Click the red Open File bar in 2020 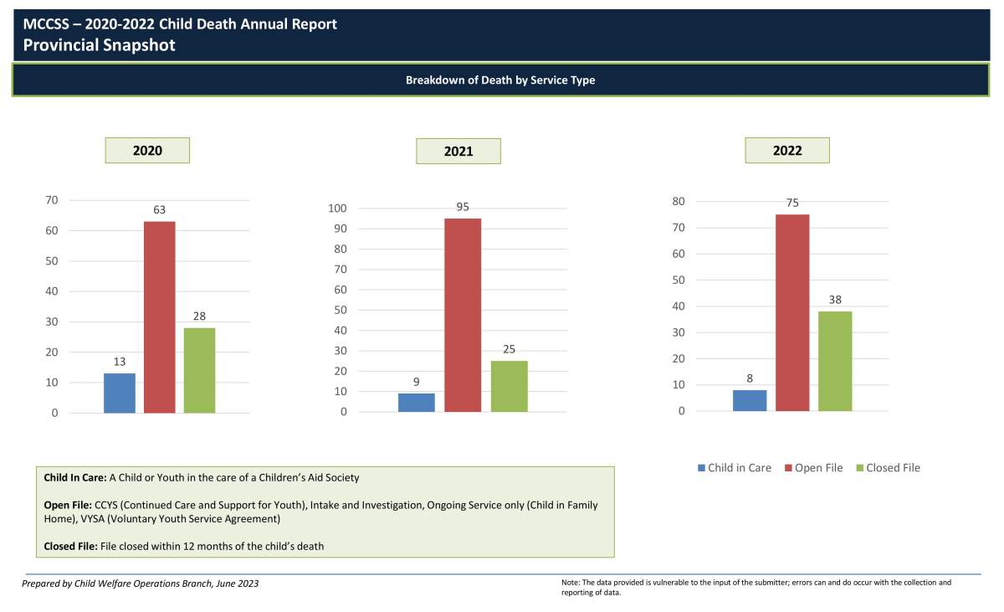click(159, 317)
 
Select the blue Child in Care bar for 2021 click(416, 403)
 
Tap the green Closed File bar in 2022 click(834, 361)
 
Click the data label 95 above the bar click(462, 207)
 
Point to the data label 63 click(159, 209)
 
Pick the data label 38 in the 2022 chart click(834, 300)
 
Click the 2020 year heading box click(147, 151)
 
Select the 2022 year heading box click(787, 151)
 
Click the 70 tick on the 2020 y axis click(52, 200)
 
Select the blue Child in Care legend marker click(702, 468)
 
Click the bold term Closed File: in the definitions click(70, 547)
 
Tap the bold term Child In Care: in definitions click(75, 477)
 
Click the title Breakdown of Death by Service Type click(500, 80)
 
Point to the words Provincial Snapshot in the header click(100, 45)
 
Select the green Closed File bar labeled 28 click(199, 370)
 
